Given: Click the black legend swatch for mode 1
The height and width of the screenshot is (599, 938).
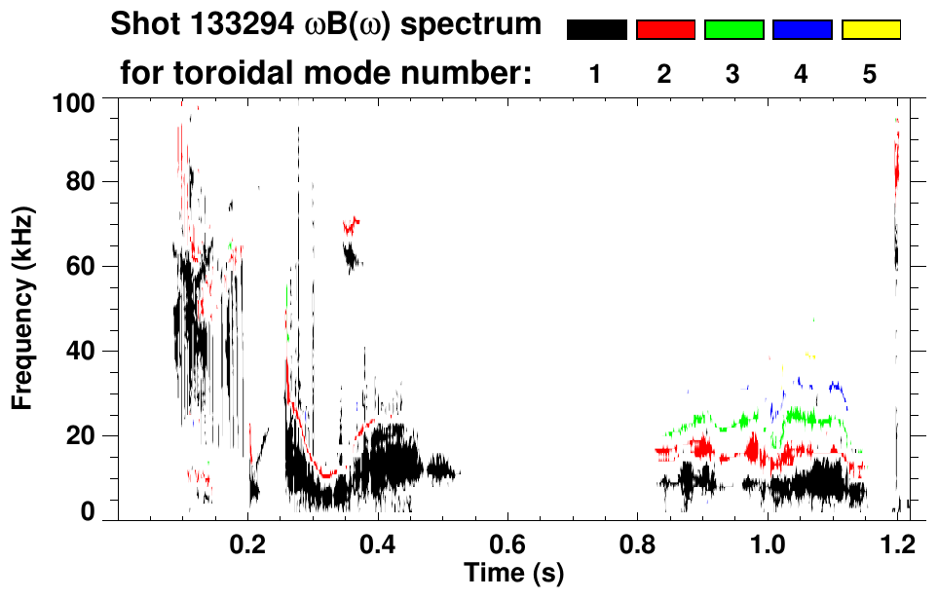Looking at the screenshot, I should pyautogui.click(x=596, y=30).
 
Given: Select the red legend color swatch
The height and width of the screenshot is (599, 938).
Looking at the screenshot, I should pyautogui.click(x=665, y=30).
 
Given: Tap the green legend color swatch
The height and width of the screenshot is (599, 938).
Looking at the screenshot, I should pyautogui.click(x=733, y=30).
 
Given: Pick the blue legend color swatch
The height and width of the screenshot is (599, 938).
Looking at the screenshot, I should pyautogui.click(x=802, y=30).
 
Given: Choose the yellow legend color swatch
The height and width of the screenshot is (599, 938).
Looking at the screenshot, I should pyautogui.click(x=870, y=30).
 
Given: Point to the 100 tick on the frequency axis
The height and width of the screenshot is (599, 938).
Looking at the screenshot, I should pyautogui.click(x=73, y=101).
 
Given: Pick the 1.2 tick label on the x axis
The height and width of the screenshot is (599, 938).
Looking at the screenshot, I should pyautogui.click(x=896, y=543).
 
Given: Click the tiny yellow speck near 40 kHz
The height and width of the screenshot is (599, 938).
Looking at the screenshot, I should pyautogui.click(x=810, y=356).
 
